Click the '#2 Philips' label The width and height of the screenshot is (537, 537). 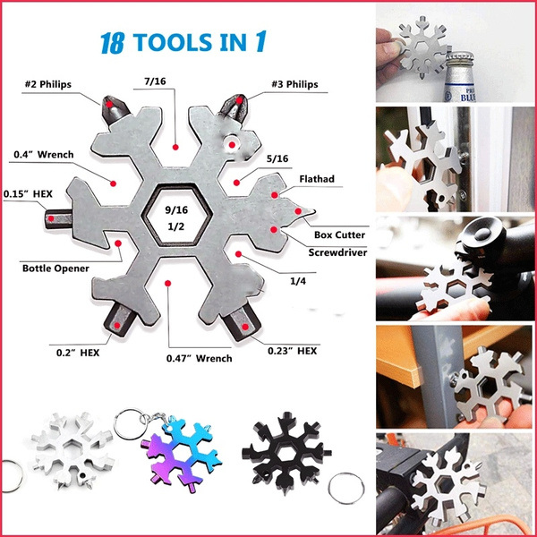click(x=48, y=84)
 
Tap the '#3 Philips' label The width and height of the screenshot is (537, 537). click(x=294, y=84)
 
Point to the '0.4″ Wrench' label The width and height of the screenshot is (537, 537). click(x=44, y=155)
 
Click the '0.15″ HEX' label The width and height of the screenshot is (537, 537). click(x=28, y=194)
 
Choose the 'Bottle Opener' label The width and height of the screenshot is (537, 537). click(x=55, y=268)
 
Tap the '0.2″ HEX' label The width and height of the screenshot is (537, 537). click(x=78, y=353)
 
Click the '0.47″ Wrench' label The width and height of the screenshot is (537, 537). click(x=200, y=359)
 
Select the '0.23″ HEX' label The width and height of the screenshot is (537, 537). click(x=292, y=351)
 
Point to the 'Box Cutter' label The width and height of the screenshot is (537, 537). click(x=339, y=234)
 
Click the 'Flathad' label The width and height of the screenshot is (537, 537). click(x=317, y=179)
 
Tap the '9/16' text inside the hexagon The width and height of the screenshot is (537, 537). click(x=176, y=210)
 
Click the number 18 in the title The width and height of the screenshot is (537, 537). click(x=112, y=43)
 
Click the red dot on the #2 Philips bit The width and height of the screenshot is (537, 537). click(x=109, y=104)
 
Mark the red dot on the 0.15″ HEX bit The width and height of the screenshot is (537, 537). click(x=51, y=218)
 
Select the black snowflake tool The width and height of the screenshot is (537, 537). click(x=286, y=453)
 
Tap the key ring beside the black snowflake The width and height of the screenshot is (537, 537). click(x=346, y=489)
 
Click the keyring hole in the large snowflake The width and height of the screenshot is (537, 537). click(x=232, y=144)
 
